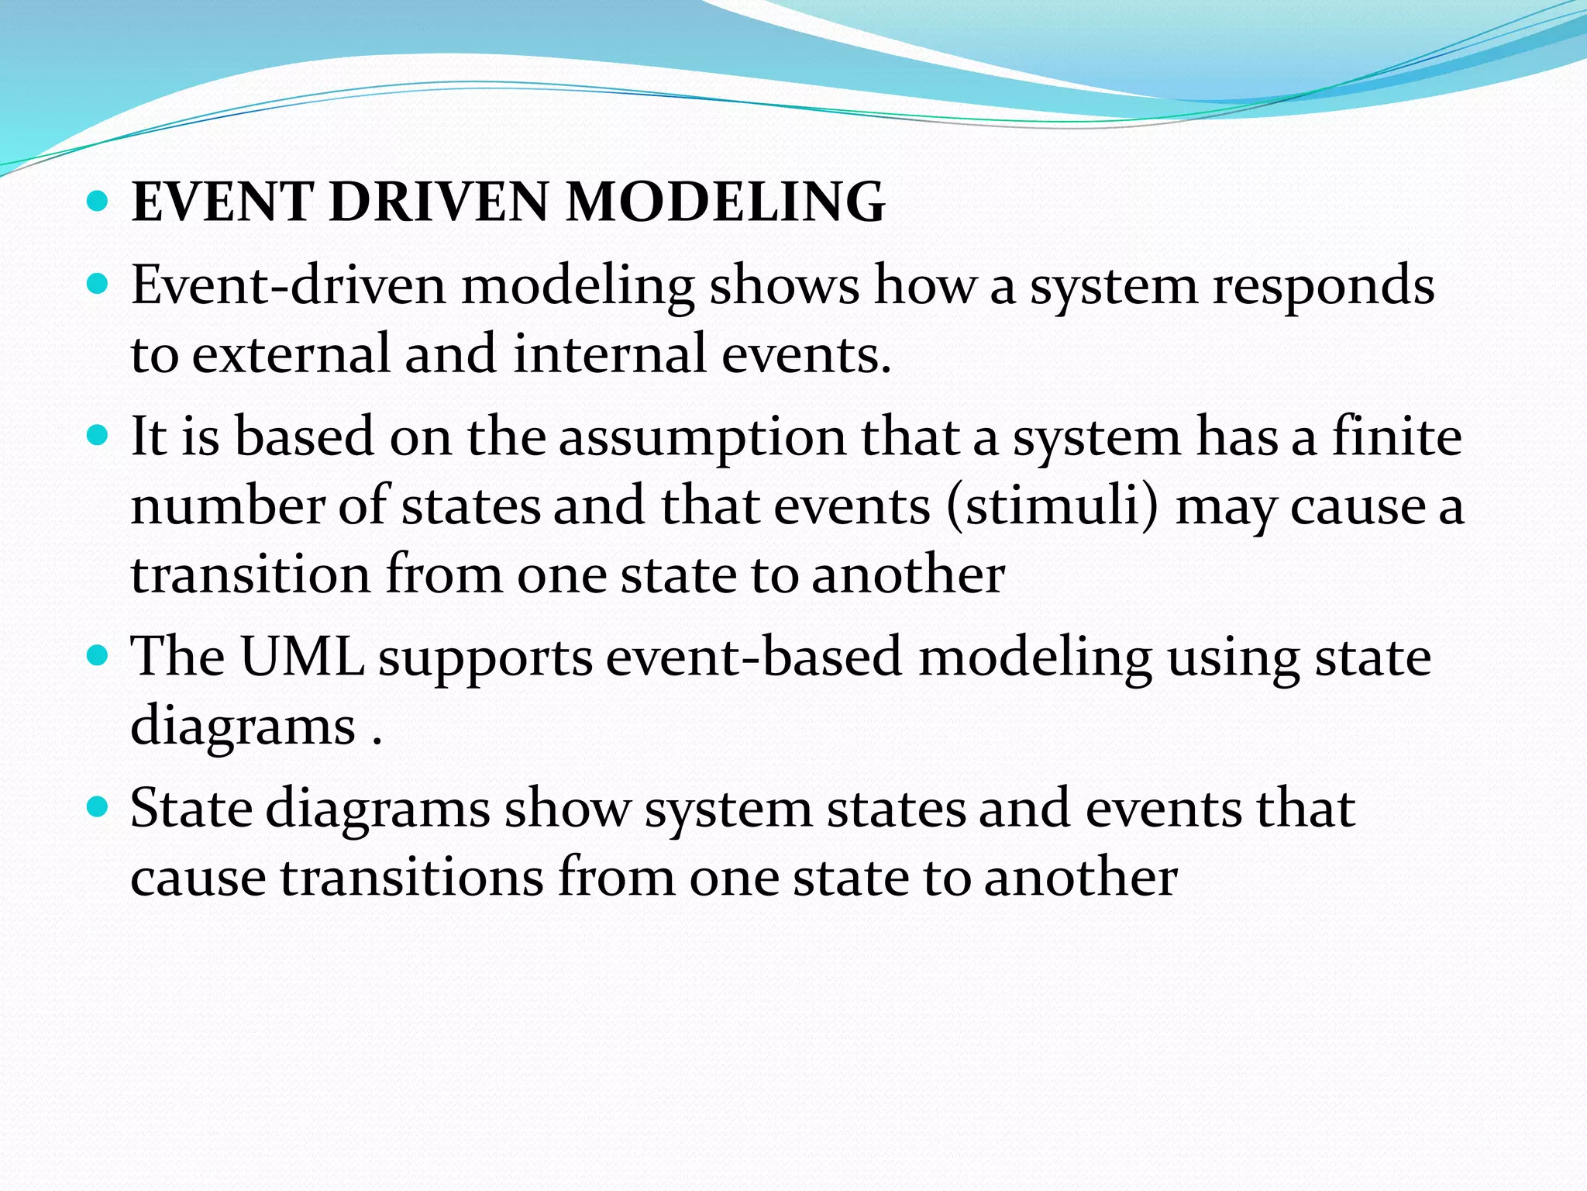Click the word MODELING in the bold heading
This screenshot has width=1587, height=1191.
[725, 202]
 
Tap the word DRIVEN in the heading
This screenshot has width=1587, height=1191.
[439, 202]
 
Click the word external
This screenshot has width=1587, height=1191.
[291, 354]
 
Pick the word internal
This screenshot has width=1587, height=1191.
[610, 354]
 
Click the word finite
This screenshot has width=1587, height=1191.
[1396, 436]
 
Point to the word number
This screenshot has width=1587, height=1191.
[228, 506]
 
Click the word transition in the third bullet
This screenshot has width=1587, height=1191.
[250, 575]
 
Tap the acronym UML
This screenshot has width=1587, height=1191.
[302, 657]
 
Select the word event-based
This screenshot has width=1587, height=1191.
[754, 657]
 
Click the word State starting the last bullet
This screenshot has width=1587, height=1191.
[191, 808]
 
